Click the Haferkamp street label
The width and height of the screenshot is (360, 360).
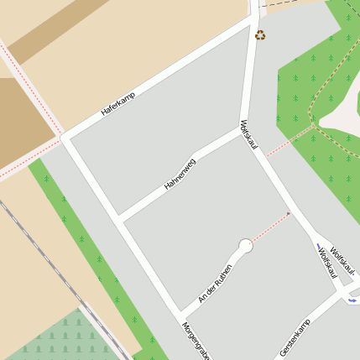(117, 103)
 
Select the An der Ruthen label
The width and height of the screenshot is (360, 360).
(215, 284)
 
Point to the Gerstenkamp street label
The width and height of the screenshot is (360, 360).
(295, 338)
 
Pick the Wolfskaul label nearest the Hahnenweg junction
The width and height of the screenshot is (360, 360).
(248, 136)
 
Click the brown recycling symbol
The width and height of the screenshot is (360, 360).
(260, 35)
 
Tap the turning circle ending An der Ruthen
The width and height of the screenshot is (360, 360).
(245, 246)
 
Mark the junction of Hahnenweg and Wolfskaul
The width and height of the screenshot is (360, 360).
(242, 130)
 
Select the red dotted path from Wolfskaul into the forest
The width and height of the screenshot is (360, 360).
(290, 141)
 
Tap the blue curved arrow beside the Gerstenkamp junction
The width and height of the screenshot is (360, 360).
(352, 299)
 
